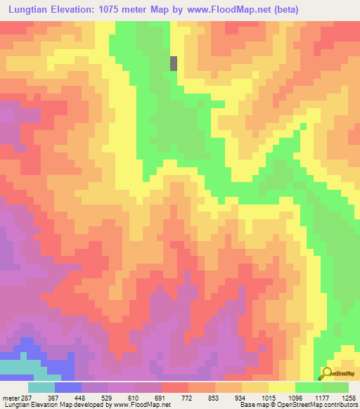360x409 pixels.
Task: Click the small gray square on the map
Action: [x=174, y=63]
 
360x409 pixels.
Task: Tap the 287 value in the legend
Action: [x=25, y=397]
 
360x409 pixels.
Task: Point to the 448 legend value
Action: [x=81, y=397]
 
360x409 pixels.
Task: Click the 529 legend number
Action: [x=108, y=397]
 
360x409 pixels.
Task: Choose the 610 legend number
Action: [x=134, y=397]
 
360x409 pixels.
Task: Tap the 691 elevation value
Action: [x=161, y=397]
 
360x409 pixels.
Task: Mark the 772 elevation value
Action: [x=188, y=397]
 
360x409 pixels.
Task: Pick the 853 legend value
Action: [x=214, y=397]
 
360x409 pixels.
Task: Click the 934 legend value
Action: [x=241, y=397]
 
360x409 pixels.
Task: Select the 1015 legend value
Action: [x=268, y=397]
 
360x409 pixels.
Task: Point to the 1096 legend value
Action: [x=295, y=397]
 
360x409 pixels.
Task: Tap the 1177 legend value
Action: [x=322, y=397]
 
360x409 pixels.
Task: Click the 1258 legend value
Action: [x=348, y=397]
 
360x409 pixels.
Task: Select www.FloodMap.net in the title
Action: [x=234, y=10]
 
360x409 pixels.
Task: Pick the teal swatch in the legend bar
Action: [x=41, y=387]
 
